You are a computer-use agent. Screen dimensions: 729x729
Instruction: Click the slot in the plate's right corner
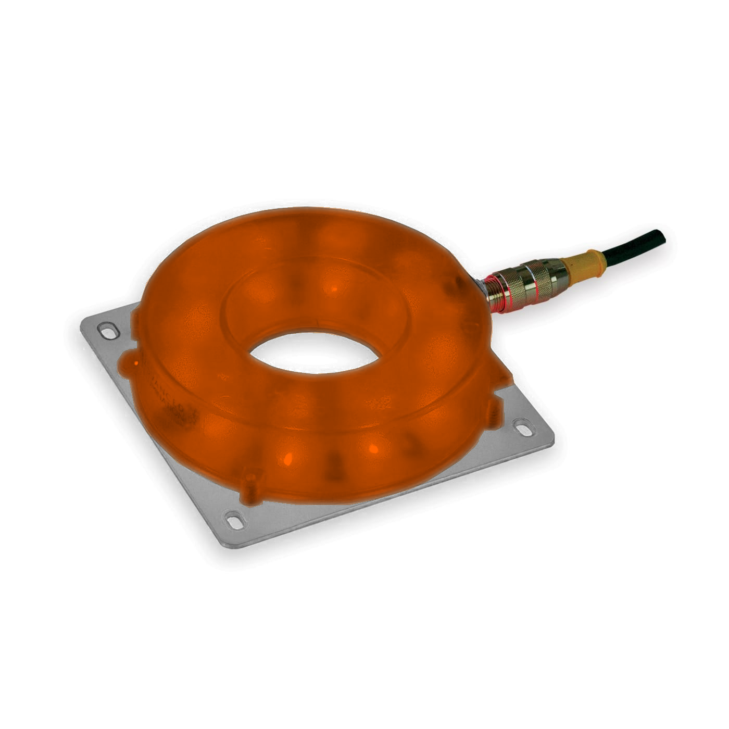coord(522,426)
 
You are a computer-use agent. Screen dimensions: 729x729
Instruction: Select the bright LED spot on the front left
coord(287,458)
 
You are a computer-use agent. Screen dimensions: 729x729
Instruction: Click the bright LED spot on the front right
coord(373,448)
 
